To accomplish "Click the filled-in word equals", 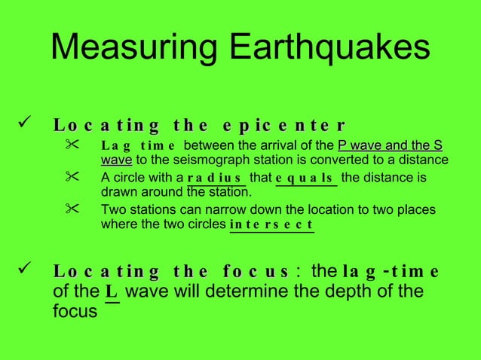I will [305, 179].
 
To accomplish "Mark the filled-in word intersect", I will [271, 225].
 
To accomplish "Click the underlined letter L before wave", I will [111, 291].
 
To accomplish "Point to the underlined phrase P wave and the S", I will [390, 145].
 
